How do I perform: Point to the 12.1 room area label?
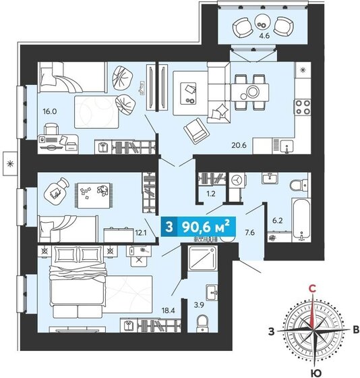[140, 234]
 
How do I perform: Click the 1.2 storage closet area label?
[210, 193]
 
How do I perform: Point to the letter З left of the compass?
[271, 331]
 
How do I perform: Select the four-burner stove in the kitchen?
[301, 107]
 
